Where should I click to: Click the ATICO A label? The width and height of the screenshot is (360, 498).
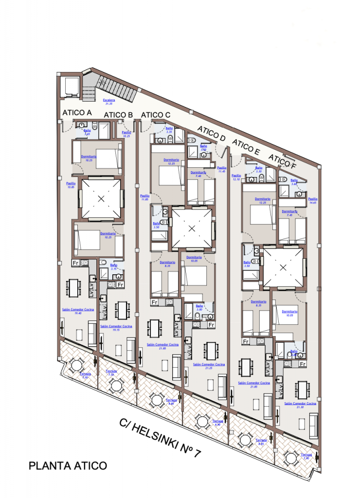point(77,113)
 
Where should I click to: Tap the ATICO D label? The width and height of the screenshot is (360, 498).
point(211,134)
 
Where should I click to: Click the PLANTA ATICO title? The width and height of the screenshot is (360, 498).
point(68,465)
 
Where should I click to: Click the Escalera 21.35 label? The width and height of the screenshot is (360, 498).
point(108,101)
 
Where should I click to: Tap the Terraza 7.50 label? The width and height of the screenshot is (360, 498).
point(111,373)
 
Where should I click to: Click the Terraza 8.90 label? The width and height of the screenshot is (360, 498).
point(217,422)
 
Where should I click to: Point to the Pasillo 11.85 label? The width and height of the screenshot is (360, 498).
point(144,196)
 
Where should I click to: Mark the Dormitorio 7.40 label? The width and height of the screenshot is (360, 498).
point(198,173)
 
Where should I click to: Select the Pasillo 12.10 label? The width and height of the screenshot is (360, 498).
point(236,177)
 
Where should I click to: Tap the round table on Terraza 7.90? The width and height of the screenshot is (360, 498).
point(291,458)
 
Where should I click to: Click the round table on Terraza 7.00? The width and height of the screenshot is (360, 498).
point(76,365)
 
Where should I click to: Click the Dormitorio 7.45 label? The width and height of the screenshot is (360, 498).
point(289,213)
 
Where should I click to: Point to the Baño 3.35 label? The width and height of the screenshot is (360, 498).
point(169,129)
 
